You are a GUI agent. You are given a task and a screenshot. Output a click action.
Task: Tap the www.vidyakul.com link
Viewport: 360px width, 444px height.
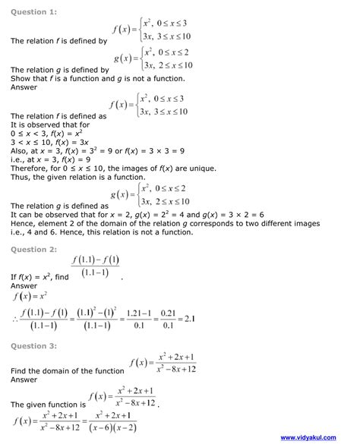[x=322, y=438]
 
